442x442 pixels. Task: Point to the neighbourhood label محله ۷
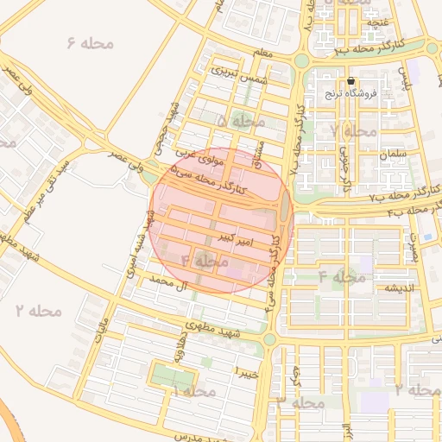(x=354, y=131)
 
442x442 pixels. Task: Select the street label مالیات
(x=101, y=331)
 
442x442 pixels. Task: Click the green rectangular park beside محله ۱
(x=170, y=376)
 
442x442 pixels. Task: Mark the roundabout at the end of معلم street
(x=301, y=61)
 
